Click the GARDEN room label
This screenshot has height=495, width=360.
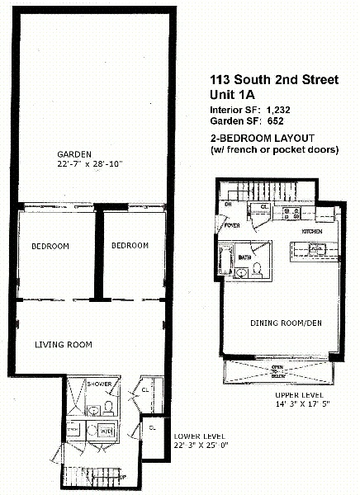click(73, 154)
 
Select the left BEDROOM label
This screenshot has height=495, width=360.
click(50, 246)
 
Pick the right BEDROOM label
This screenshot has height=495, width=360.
click(130, 246)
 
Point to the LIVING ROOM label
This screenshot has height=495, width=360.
click(63, 344)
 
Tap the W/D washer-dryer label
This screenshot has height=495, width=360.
click(106, 430)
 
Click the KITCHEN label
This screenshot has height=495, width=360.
click(311, 232)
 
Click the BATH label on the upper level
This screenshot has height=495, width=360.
click(244, 257)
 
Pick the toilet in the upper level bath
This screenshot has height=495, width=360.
click(257, 268)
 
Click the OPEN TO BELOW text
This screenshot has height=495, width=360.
click(278, 371)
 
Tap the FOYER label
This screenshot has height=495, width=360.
click(231, 224)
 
